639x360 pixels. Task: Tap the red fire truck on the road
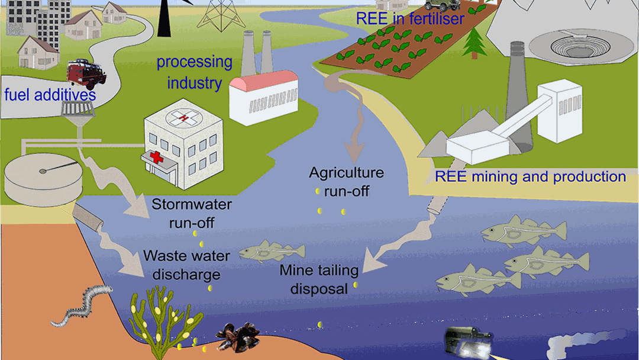click(86, 73)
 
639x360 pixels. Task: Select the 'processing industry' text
click(194, 72)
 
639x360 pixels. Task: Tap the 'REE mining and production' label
click(530, 176)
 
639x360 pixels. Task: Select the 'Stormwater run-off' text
click(191, 214)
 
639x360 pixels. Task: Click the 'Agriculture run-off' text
click(346, 181)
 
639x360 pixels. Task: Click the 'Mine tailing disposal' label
click(319, 279)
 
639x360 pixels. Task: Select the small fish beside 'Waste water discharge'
click(263, 251)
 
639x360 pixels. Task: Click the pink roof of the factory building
click(264, 79)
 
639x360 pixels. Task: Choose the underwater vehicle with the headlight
click(464, 343)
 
